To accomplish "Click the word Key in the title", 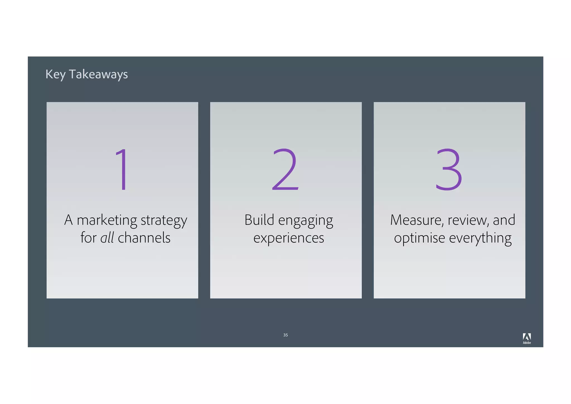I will [55, 75].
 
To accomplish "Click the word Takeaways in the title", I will [98, 74].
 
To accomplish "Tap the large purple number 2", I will [285, 169].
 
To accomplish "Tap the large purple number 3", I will [449, 169].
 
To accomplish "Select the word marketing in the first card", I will [107, 220].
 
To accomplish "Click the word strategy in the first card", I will [164, 221].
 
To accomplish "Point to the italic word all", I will [107, 238].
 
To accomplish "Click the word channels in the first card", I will [144, 238].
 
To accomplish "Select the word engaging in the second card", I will [306, 221].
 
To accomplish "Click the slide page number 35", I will [285, 335].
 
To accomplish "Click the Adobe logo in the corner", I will [527, 338].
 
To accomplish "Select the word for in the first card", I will [88, 238].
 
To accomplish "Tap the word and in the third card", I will [504, 220].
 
